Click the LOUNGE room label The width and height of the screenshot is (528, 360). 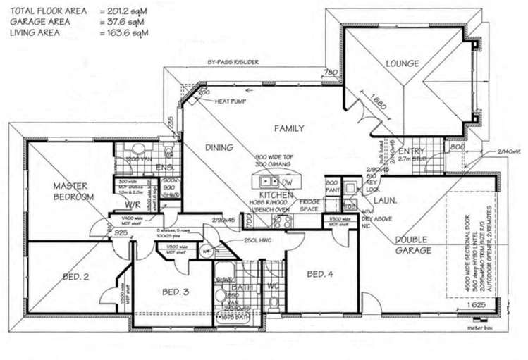point(403,63)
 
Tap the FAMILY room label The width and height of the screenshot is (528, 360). point(289,128)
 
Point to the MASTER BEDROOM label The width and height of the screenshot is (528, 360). point(73,191)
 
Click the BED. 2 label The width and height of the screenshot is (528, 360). point(75,277)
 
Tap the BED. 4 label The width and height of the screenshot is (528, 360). point(319,273)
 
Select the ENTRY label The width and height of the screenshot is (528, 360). point(410,151)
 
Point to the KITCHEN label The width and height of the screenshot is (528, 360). point(271,194)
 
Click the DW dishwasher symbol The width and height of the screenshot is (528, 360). point(287,182)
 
